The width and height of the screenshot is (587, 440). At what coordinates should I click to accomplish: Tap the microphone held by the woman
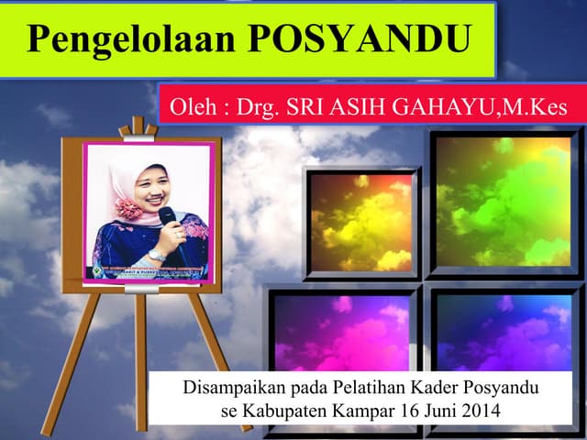click(x=168, y=218)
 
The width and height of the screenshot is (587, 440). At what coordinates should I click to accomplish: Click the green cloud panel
click(x=504, y=201)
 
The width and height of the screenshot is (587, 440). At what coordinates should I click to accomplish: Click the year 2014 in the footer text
click(x=480, y=410)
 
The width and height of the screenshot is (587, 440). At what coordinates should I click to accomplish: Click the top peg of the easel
click(x=138, y=126)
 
